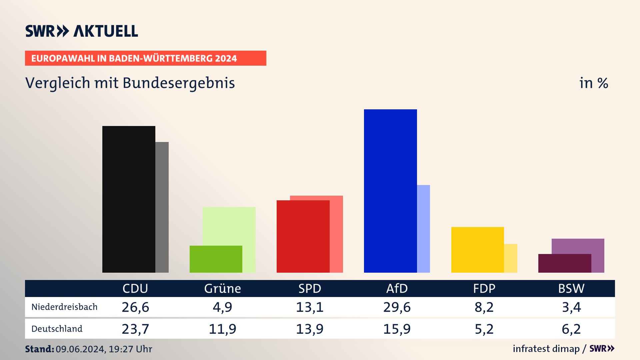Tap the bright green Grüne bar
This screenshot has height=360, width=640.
coord(216,259)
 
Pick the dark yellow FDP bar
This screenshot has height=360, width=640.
coord(477,250)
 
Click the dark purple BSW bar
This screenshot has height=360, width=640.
coord(564,263)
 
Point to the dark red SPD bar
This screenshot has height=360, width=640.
coord(303,236)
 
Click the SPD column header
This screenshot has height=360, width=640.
coord(310,289)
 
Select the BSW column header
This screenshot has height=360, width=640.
coord(571,289)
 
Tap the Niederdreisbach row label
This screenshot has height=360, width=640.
coord(64,307)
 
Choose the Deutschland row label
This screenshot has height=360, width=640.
coord(57,329)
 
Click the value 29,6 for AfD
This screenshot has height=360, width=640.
coord(397,307)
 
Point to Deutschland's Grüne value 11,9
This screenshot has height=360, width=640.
coord(222,329)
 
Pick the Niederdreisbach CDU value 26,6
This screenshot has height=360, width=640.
coord(135,307)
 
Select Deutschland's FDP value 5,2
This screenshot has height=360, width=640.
coord(484,329)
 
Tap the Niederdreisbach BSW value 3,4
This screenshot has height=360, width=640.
coord(571,307)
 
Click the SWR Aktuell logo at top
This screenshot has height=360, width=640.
coord(82,31)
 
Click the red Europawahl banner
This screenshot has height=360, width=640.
coord(145,58)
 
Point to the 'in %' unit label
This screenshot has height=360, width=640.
coord(594,83)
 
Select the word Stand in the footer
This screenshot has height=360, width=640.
coord(39,349)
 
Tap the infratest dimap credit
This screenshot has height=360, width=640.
coord(546,349)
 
